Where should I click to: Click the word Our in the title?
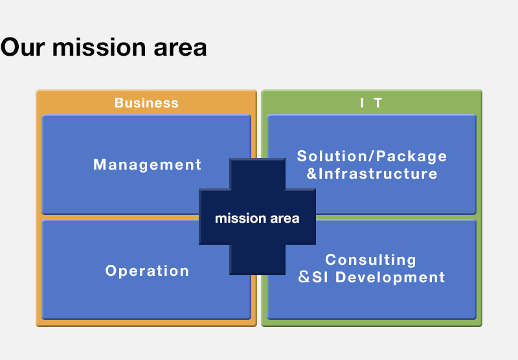[23, 47]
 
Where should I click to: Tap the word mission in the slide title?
[99, 47]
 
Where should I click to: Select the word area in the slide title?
[180, 49]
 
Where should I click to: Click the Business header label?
[146, 103]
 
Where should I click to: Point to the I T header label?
[371, 103]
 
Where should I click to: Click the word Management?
[147, 164]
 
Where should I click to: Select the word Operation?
[147, 271]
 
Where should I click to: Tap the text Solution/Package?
[372, 156]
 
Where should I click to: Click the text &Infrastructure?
[372, 174]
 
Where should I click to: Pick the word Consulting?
[370, 260]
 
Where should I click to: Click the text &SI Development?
[372, 277]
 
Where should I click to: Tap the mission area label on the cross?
[257, 218]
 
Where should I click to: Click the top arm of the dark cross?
[257, 174]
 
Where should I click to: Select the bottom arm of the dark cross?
[257, 260]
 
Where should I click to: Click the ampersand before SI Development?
[304, 277]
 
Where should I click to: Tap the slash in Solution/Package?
[372, 156]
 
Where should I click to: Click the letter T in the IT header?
[378, 103]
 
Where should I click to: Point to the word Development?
[390, 277]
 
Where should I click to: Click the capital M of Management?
[100, 164]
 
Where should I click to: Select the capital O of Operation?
[111, 271]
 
